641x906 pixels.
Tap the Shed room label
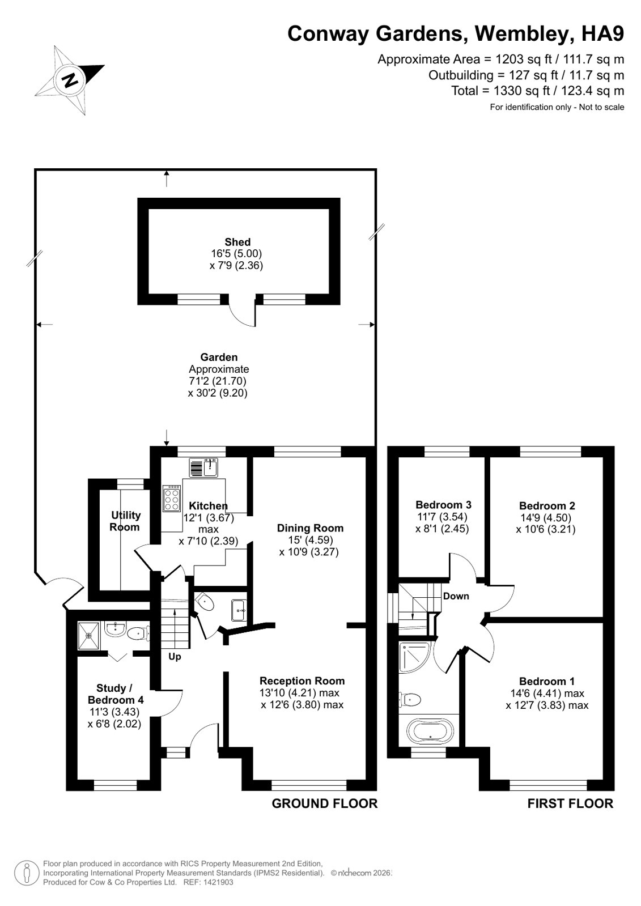(x=237, y=242)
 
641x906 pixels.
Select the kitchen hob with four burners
(x=172, y=498)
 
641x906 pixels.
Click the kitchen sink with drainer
(x=204, y=468)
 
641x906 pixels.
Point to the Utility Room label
(x=125, y=521)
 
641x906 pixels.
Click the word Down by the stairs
(x=456, y=596)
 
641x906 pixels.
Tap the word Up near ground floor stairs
(x=175, y=657)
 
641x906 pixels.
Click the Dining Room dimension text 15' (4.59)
(x=310, y=540)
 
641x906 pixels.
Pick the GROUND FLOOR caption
(x=324, y=803)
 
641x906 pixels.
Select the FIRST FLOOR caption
(x=570, y=803)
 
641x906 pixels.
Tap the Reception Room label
(x=302, y=680)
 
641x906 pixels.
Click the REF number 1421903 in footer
(x=218, y=882)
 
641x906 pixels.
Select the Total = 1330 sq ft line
(x=537, y=91)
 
